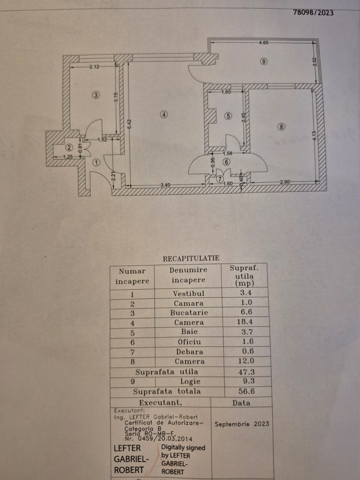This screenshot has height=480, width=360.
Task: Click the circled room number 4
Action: (164, 114)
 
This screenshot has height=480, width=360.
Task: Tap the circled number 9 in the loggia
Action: (263, 62)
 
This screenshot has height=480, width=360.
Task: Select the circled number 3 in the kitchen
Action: (96, 95)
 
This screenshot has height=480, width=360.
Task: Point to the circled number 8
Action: (281, 127)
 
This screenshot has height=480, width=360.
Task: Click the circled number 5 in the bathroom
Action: (228, 116)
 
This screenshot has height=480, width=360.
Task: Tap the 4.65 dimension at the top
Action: (263, 43)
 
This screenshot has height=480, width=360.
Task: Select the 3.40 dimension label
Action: (166, 185)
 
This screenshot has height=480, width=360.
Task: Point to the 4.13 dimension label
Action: (314, 136)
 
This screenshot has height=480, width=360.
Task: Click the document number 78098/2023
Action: (313, 13)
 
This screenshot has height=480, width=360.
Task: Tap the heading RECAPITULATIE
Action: (191, 258)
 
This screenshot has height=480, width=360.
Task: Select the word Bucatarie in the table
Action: (189, 313)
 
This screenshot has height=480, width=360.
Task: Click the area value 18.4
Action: (246, 322)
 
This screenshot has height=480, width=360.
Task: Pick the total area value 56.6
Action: (247, 391)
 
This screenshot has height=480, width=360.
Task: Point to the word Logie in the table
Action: (190, 381)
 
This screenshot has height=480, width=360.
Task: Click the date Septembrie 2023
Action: (242, 424)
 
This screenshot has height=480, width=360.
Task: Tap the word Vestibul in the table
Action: (189, 293)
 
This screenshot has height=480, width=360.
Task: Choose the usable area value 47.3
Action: (246, 372)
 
